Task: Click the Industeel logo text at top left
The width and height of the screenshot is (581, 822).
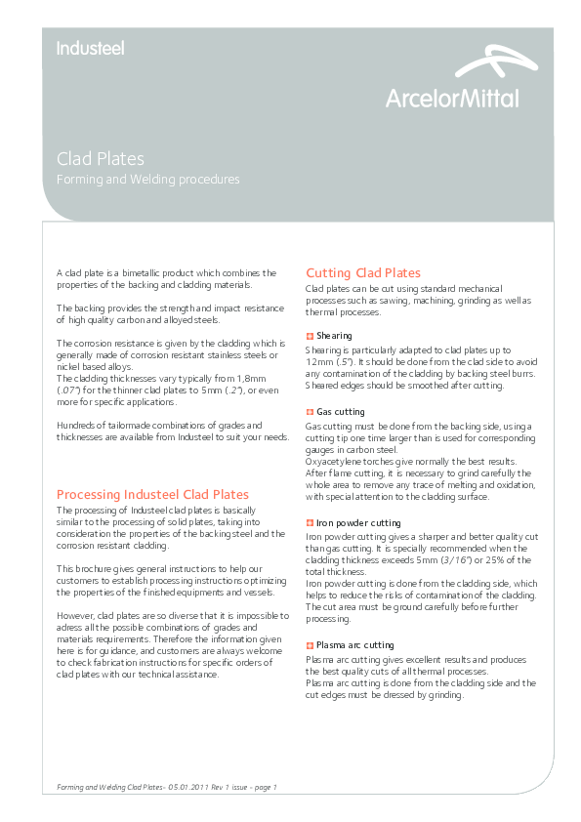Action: click(x=90, y=48)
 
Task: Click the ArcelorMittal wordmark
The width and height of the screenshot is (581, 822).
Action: click(x=452, y=98)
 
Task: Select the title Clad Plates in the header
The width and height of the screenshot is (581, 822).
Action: click(x=101, y=158)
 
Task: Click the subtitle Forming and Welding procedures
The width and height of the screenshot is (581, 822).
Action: click(x=147, y=180)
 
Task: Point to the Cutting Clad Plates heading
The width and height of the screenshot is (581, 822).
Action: click(x=363, y=272)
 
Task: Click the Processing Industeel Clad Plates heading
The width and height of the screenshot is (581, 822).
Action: click(x=152, y=494)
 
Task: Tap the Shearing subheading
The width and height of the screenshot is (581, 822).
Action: click(x=334, y=336)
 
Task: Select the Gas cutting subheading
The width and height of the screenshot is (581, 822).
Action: click(x=340, y=413)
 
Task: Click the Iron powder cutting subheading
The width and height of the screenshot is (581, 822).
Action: click(x=358, y=523)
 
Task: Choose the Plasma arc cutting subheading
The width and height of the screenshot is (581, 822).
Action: click(x=354, y=645)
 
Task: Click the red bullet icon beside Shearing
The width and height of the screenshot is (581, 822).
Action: click(x=310, y=336)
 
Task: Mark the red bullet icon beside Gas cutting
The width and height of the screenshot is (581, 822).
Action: click(x=310, y=413)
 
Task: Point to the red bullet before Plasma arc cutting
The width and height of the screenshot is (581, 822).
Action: click(x=310, y=645)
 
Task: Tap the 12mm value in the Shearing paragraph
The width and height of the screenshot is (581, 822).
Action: click(x=318, y=361)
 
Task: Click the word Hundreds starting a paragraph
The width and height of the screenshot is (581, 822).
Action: click(x=78, y=425)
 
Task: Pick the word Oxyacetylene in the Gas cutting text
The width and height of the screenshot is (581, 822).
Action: click(x=334, y=461)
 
